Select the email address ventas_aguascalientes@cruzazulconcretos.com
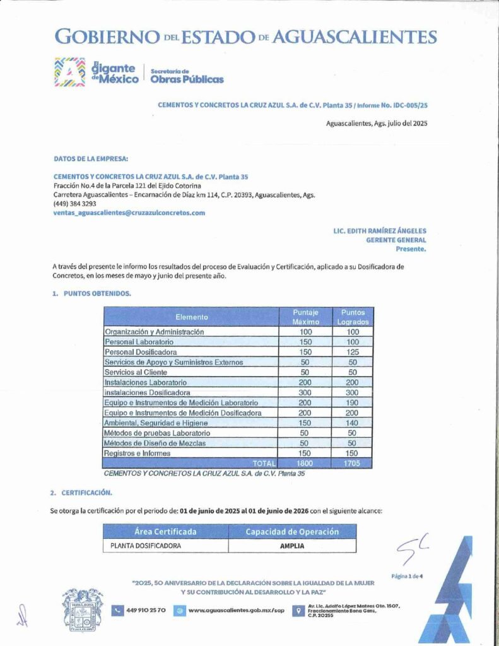(x=129, y=213)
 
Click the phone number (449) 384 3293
(x=74, y=204)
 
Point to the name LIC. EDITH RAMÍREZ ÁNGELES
(x=380, y=231)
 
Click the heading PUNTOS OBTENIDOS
(x=97, y=293)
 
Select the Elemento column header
(x=191, y=317)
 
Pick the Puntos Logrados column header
(x=353, y=317)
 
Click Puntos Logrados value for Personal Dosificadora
(x=353, y=351)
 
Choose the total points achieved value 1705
(x=353, y=463)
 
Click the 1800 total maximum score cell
(x=306, y=463)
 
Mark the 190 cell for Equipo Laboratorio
(x=353, y=402)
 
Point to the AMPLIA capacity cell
(x=292, y=546)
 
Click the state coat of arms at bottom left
(x=82, y=610)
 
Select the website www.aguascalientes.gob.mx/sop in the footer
(x=237, y=610)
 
